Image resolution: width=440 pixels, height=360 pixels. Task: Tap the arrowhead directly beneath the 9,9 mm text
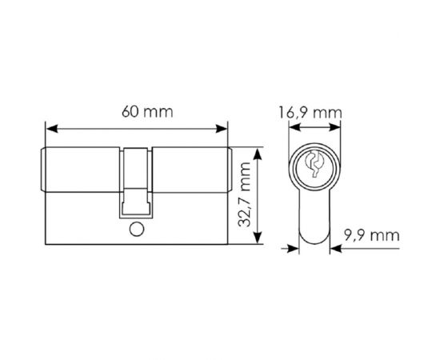point(335,248)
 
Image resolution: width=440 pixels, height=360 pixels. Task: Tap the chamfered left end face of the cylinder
point(42,170)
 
